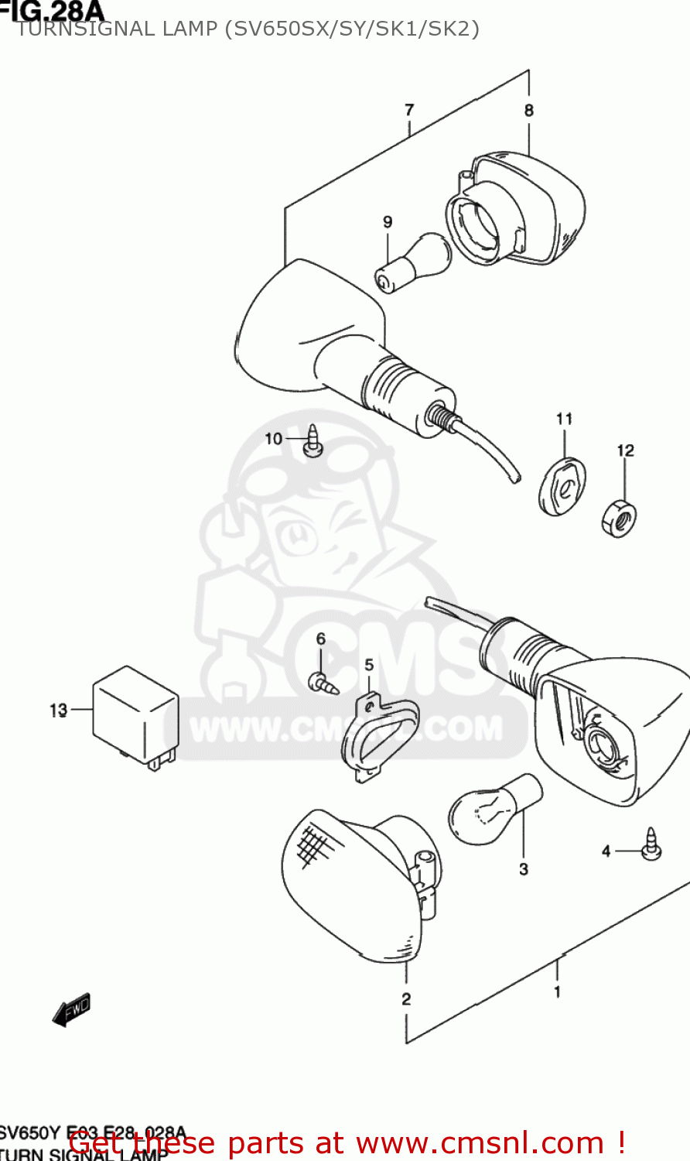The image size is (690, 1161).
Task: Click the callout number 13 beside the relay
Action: (59, 710)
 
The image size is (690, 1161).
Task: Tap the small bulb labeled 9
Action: (414, 263)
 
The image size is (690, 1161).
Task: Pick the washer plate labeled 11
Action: (562, 486)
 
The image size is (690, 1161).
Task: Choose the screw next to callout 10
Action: (313, 441)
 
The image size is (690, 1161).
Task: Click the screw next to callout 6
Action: (323, 683)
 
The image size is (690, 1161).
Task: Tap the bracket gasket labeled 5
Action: (378, 736)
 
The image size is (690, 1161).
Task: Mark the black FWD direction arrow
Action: (71, 1010)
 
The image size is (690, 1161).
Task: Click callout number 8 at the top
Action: (529, 111)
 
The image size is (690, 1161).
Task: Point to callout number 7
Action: (409, 111)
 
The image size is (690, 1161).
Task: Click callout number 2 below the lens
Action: (406, 999)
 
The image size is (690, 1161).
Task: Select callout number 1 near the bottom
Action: (557, 991)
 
